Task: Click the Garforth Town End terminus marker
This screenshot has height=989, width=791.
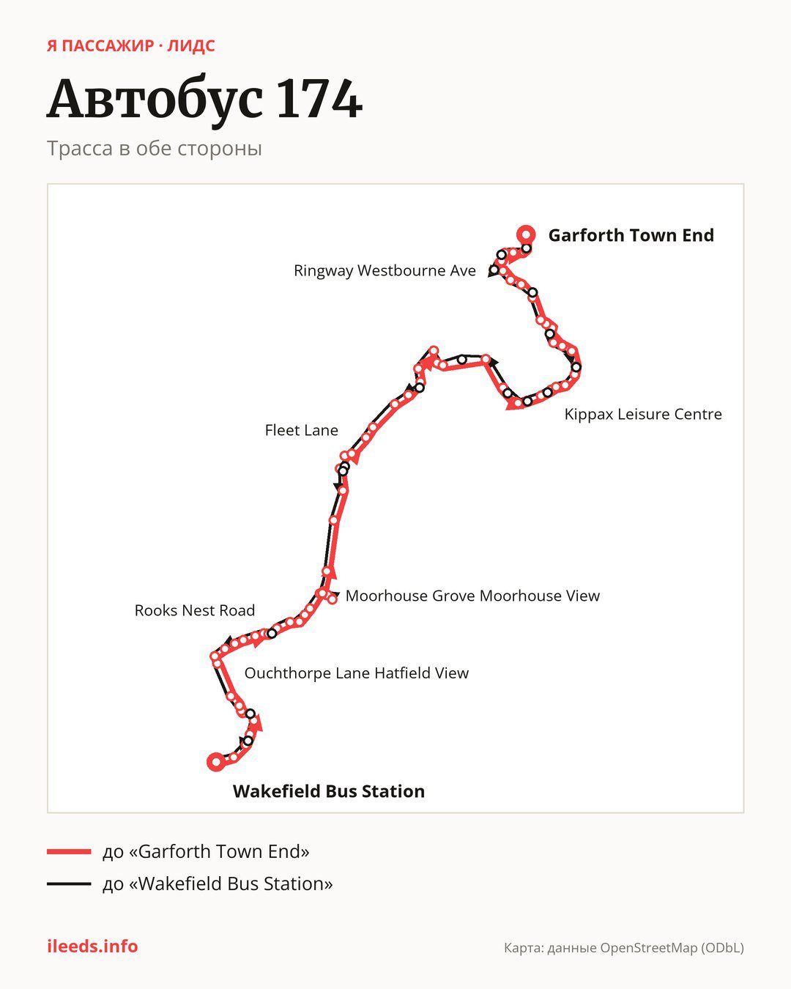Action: (526, 235)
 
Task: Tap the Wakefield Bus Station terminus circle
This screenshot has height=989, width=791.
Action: (216, 762)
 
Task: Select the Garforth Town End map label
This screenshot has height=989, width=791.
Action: (631, 235)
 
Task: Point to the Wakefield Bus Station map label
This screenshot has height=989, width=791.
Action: (329, 791)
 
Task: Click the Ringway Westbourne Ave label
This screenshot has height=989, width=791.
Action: (385, 270)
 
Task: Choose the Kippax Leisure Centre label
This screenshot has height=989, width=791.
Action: (643, 414)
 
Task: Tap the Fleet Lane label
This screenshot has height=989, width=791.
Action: (302, 430)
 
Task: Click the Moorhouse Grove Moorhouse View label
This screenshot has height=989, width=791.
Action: (472, 596)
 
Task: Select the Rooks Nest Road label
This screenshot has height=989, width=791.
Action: (195, 610)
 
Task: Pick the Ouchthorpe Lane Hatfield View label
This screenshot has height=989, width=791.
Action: (357, 673)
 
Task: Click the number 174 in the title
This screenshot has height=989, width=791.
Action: (320, 99)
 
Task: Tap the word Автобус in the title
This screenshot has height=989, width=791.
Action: (155, 99)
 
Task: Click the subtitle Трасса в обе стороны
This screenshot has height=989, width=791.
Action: (155, 149)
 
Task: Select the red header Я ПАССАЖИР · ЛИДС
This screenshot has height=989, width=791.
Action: (131, 46)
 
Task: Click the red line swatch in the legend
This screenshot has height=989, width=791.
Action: (69, 851)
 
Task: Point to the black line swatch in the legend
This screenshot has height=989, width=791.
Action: (69, 884)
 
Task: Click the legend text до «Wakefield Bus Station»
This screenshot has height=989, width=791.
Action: (218, 884)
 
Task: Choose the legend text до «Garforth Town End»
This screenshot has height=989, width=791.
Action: (206, 851)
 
